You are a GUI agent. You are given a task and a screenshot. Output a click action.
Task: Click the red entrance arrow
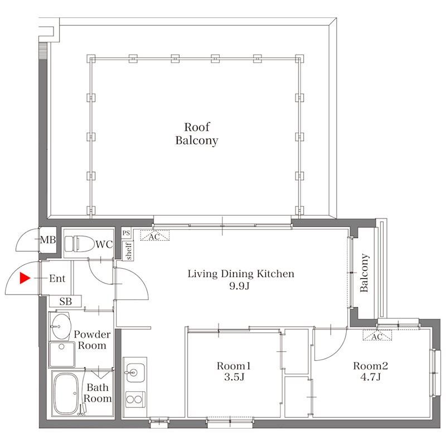(25, 278)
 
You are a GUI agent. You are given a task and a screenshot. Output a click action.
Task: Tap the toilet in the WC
(79, 244)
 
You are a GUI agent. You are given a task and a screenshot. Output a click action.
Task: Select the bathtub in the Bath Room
(66, 394)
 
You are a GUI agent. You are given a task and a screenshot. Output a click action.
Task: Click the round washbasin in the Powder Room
(61, 327)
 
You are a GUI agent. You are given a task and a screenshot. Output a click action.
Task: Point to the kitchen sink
(135, 372)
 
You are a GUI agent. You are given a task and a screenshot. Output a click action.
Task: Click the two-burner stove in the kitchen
(135, 399)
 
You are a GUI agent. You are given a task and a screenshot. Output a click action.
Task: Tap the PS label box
(126, 233)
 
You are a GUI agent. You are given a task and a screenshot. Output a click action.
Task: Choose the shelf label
(129, 251)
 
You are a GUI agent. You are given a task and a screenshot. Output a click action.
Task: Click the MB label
(48, 240)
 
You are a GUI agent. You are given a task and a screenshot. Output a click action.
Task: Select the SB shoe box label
(65, 301)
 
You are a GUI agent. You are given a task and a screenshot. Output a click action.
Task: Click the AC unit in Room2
(377, 336)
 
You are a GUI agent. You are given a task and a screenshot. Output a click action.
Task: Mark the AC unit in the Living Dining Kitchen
(155, 236)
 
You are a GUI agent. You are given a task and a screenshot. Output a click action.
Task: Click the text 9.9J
(239, 286)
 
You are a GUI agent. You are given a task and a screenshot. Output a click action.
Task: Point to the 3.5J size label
(234, 377)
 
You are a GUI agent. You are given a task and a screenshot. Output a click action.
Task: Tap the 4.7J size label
(370, 377)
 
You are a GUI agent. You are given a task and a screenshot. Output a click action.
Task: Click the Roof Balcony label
(197, 134)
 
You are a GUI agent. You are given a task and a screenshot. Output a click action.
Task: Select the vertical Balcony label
(364, 273)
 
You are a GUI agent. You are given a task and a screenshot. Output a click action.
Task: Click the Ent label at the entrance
(57, 278)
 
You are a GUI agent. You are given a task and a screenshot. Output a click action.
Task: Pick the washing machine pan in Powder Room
(62, 355)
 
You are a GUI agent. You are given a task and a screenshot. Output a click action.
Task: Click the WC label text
(104, 244)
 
